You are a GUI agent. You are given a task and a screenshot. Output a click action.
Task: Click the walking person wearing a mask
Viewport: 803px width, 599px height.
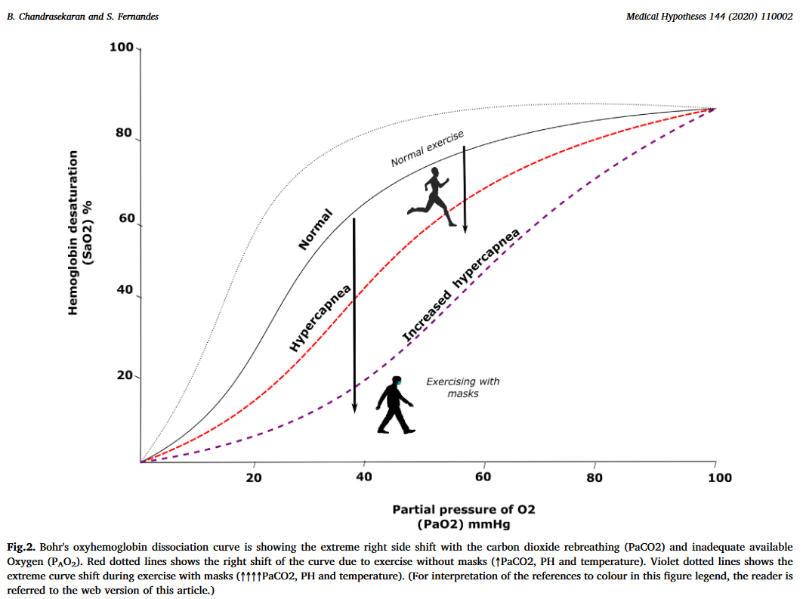(395, 406)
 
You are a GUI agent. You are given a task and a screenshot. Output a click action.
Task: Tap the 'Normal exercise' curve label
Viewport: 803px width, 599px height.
(427, 149)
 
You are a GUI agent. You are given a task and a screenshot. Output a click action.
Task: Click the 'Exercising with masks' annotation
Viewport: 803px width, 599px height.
(463, 387)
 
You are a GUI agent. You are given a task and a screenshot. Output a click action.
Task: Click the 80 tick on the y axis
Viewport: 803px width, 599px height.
(123, 134)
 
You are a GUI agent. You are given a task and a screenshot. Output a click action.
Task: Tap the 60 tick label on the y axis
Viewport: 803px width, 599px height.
(123, 219)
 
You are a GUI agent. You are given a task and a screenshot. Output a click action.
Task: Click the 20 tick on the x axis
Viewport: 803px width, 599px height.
(254, 477)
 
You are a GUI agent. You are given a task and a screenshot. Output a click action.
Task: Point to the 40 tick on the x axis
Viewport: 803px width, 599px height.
(364, 477)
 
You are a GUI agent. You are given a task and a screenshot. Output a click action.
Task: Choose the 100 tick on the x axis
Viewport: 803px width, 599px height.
(719, 477)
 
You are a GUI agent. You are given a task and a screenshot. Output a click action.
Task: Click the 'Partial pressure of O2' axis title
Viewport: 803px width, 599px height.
(469, 509)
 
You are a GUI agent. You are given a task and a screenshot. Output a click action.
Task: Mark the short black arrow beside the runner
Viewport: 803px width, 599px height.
(465, 189)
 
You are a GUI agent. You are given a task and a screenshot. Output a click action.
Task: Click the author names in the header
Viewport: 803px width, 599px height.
(82, 16)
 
